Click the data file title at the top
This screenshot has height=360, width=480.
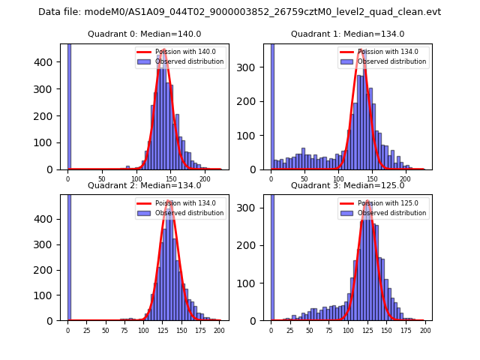click(x=239, y=12)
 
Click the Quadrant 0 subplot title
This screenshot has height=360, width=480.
click(x=144, y=34)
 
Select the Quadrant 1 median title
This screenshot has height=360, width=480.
click(x=347, y=34)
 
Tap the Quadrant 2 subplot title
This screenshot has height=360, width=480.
click(x=144, y=185)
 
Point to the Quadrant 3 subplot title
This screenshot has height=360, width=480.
click(x=347, y=185)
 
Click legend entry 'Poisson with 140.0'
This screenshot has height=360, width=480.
click(x=180, y=52)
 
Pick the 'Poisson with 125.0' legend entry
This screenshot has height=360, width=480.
click(x=383, y=203)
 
